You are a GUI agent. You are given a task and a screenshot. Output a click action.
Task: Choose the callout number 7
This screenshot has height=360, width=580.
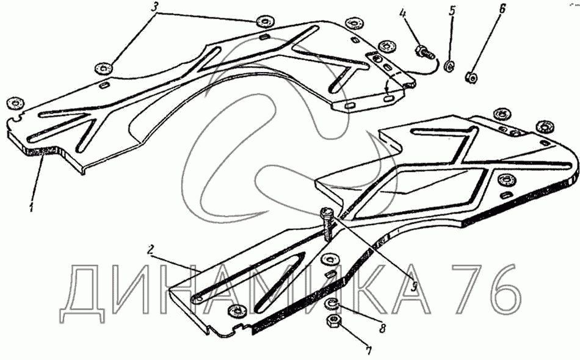point(368,351)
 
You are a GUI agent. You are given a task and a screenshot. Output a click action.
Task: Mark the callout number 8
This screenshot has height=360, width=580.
point(382,329)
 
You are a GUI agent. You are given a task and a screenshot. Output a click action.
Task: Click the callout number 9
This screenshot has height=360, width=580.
point(413,284)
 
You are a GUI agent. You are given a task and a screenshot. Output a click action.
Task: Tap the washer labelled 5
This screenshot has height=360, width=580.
point(449,65)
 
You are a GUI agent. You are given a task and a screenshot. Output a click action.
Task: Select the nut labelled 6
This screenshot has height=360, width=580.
point(471,77)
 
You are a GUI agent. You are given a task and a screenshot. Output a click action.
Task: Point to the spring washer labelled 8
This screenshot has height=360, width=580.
point(328,305)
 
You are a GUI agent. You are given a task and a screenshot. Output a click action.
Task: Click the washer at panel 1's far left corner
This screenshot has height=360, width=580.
point(12,103)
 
